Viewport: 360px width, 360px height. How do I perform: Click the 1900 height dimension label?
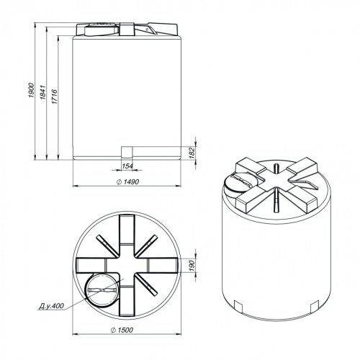pyautogui.click(x=32, y=90)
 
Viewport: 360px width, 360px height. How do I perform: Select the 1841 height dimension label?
pyautogui.click(x=42, y=92)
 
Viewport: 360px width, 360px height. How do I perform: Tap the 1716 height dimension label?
pyautogui.click(x=55, y=96)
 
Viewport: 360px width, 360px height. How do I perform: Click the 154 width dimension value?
pyautogui.click(x=127, y=166)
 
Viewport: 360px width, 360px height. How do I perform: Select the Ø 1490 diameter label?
pyautogui.click(x=127, y=181)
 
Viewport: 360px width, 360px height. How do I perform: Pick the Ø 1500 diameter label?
pyautogui.click(x=122, y=330)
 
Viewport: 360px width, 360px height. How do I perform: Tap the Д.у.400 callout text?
pyautogui.click(x=51, y=306)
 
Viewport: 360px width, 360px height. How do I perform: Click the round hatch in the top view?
pyautogui.click(x=85, y=290)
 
